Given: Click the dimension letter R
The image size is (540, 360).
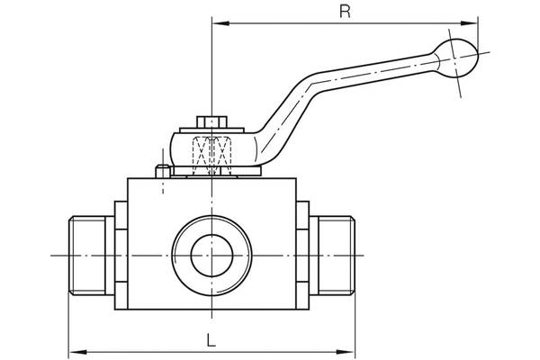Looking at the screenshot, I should pos(343,11).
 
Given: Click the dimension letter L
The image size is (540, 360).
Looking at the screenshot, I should pos(210,340).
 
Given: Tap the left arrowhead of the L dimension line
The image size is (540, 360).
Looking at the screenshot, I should pos(74,352).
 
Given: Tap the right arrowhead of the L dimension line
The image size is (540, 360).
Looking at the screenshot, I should pos(352,352).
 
